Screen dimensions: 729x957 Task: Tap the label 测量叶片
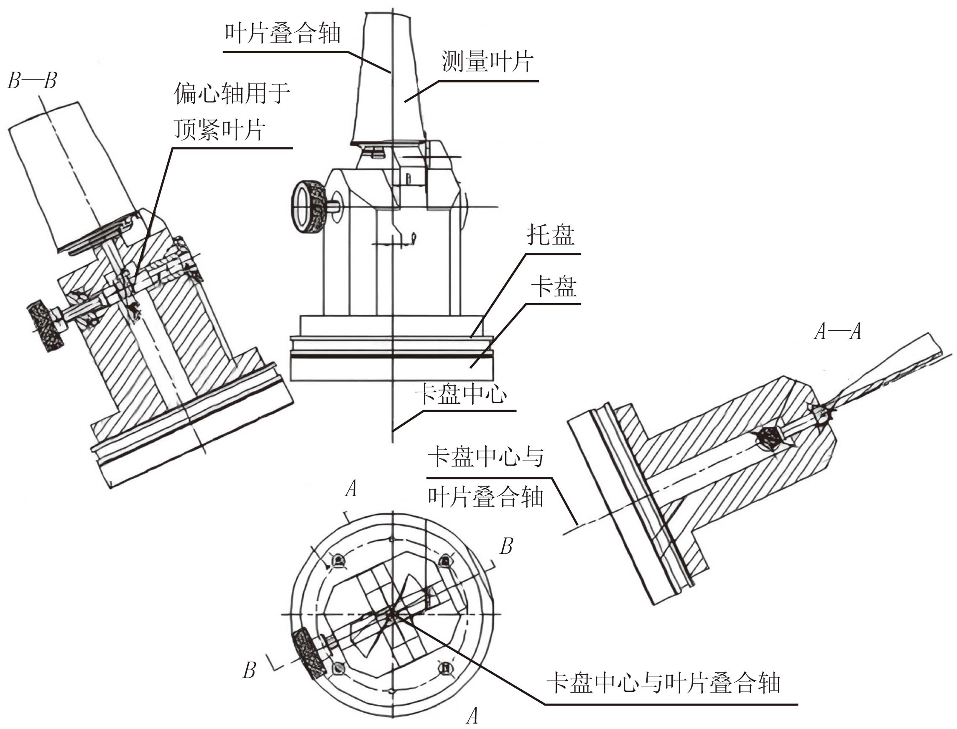487,61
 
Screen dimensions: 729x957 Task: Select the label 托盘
550,235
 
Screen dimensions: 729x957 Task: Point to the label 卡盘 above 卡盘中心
554,286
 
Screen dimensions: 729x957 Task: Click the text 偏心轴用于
232,93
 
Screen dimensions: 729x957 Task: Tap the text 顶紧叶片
219,129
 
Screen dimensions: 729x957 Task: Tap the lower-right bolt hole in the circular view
444,668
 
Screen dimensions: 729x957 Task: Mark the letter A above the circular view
351,489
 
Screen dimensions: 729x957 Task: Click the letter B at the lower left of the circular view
249,670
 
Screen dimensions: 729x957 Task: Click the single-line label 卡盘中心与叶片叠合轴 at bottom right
663,683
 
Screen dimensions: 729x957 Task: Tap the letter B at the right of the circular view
506,546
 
